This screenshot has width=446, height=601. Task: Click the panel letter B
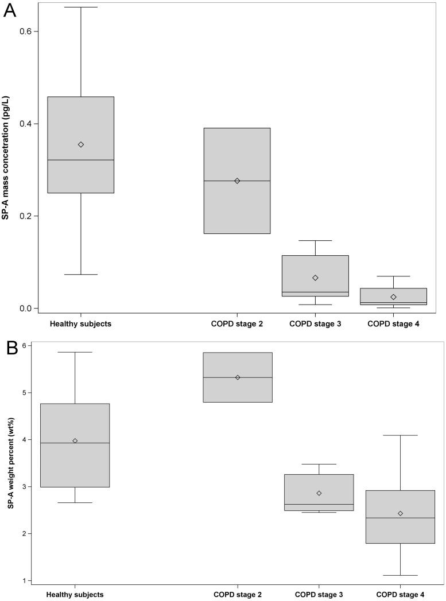click(10, 348)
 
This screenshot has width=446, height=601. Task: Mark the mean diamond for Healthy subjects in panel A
click(81, 145)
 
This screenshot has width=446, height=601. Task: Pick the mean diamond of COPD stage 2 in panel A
click(237, 181)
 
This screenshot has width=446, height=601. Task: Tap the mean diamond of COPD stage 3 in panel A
click(315, 278)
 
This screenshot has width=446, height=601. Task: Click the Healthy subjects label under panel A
click(80, 324)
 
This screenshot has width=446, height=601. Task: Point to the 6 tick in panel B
click(33, 346)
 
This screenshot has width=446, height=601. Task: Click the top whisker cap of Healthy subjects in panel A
click(81, 7)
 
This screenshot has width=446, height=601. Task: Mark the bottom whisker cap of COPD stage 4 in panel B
click(401, 575)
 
